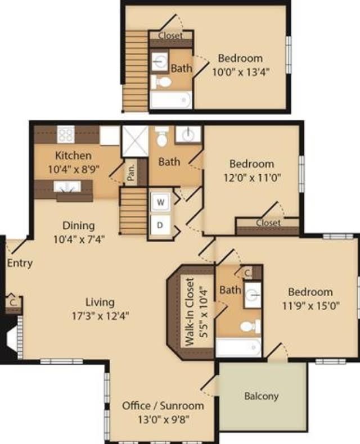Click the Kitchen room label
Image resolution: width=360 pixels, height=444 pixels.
[x=73, y=155]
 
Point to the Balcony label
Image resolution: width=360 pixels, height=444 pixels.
[x=261, y=396]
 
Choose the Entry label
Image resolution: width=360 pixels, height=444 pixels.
[x=20, y=262]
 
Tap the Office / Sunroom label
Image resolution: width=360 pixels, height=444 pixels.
[x=163, y=405]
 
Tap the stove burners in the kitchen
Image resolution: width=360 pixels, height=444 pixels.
[x=66, y=134]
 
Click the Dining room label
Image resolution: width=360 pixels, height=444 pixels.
[x=78, y=226]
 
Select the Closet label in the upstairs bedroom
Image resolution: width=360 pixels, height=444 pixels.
[x=170, y=35]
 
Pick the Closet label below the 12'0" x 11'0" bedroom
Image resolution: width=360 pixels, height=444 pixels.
[x=268, y=223]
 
